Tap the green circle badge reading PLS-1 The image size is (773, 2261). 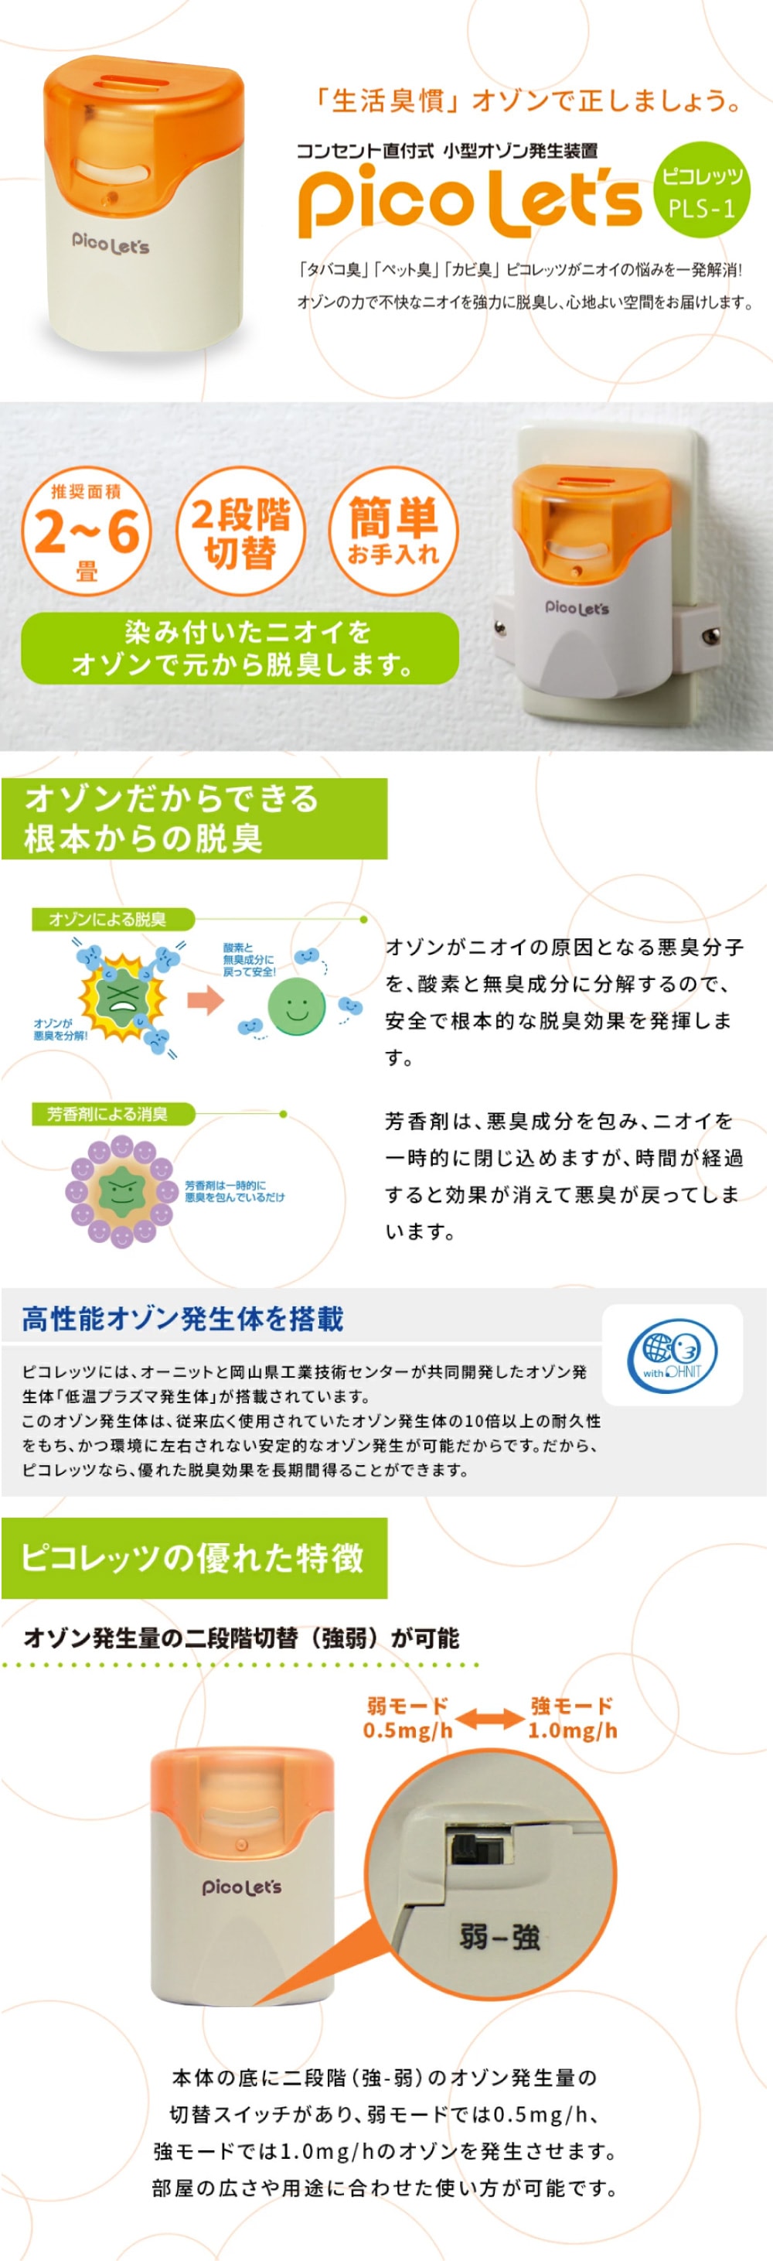(701, 190)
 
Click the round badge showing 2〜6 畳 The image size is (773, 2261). (86, 531)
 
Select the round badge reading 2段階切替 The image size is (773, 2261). (240, 531)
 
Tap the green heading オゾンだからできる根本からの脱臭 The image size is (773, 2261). (194, 818)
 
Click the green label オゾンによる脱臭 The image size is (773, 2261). (109, 919)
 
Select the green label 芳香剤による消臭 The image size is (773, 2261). (109, 1114)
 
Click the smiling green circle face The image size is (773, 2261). (297, 1007)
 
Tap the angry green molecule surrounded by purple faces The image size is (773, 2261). (121, 1190)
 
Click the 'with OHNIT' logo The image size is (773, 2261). (672, 1354)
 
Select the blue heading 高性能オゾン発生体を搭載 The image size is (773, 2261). (182, 1318)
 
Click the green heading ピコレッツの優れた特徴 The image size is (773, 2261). (193, 1557)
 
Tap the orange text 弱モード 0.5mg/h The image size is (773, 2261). (408, 1718)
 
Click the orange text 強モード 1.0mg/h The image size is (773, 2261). (572, 1718)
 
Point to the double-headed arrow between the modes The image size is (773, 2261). (489, 1719)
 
